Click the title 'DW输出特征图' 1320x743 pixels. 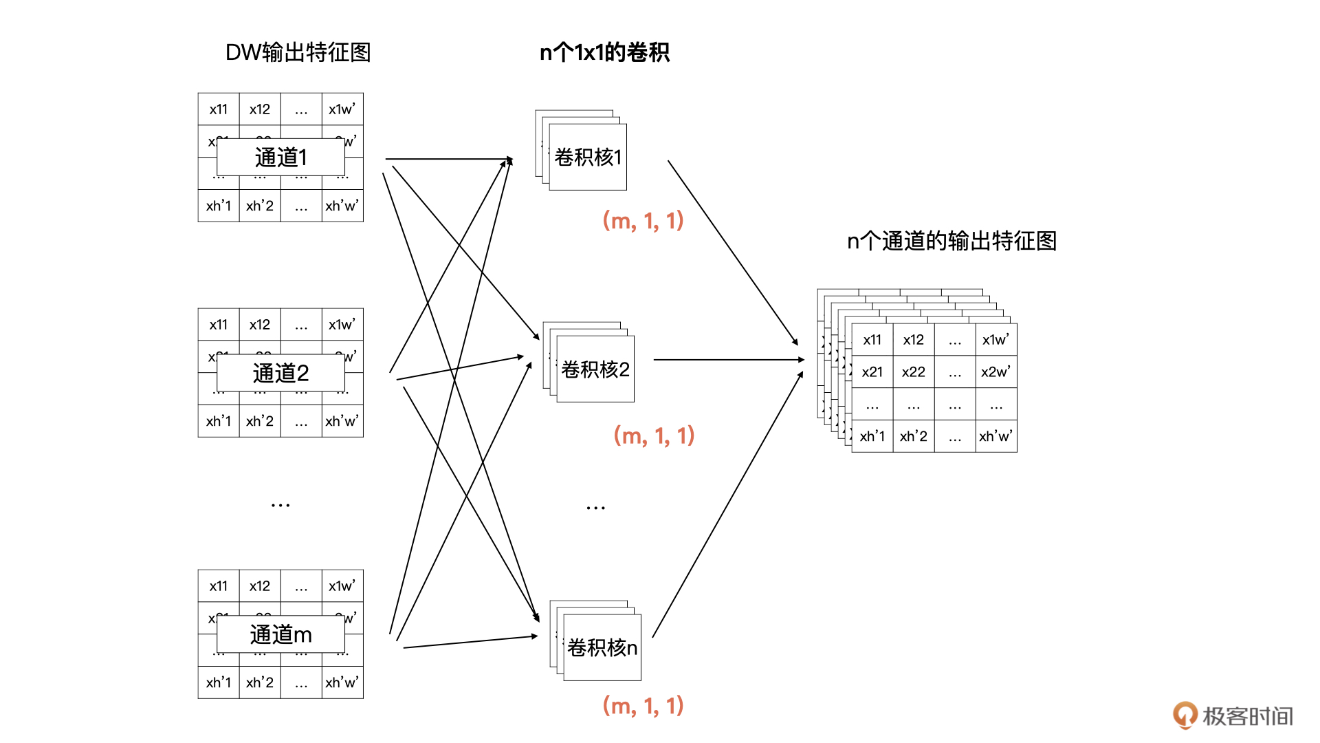coord(298,52)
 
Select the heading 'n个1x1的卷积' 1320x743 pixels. coord(604,52)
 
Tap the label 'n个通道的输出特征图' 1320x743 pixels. coord(951,241)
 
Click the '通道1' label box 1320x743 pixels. coord(280,158)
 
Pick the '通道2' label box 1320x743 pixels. coord(280,373)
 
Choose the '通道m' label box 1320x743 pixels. coord(280,634)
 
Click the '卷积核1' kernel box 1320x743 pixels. coord(588,158)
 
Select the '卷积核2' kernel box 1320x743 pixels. coord(595,369)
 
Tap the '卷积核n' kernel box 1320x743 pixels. coord(602,647)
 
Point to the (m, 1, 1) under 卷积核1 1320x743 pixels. coord(643,221)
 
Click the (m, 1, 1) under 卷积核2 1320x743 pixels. coord(654,435)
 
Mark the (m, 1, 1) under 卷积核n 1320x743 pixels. coord(643,706)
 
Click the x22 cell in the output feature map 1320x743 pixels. coord(914,372)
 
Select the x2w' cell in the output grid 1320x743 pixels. coord(995,372)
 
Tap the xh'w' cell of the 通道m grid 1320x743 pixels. coord(342,682)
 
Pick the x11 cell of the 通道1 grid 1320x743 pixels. coord(219,109)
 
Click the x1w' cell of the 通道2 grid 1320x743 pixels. coord(342,325)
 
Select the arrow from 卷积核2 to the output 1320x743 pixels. coord(729,360)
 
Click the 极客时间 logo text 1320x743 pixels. coord(1247,716)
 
